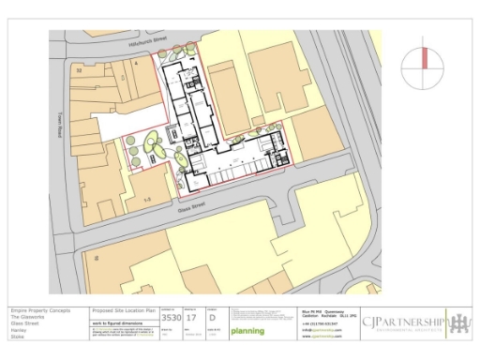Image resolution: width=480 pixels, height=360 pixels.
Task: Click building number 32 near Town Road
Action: (79, 69)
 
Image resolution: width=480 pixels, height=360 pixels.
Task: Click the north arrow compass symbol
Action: (425, 67)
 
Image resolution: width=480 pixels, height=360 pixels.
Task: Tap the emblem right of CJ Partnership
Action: (459, 323)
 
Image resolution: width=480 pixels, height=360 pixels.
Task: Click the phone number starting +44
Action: (318, 322)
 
